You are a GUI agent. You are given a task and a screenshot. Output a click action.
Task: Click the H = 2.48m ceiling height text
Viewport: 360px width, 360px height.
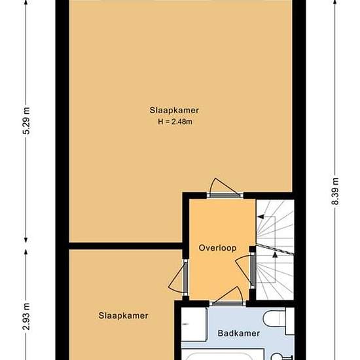pyautogui.click(x=175, y=122)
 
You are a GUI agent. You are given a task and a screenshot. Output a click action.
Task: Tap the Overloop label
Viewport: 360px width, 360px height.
pyautogui.click(x=217, y=248)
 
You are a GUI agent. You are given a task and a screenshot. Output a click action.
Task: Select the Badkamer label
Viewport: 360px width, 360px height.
pyautogui.click(x=239, y=333)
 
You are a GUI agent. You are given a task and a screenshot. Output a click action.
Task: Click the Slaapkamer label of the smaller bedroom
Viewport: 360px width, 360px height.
pyautogui.click(x=123, y=315)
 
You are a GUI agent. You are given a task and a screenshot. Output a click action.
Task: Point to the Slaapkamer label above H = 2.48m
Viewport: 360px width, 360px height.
pyautogui.click(x=174, y=110)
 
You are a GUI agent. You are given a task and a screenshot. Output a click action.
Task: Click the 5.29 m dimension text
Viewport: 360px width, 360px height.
pyautogui.click(x=26, y=120)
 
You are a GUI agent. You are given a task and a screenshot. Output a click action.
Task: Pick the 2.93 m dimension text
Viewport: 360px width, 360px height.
pyautogui.click(x=26, y=316)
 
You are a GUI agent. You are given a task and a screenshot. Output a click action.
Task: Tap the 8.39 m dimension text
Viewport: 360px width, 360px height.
pyautogui.click(x=336, y=191)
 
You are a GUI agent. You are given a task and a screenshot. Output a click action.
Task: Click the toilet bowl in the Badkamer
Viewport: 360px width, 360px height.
pyautogui.click(x=274, y=319)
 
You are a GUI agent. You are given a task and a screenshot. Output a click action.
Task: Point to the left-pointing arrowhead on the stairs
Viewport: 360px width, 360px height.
pyautogui.click(x=261, y=217)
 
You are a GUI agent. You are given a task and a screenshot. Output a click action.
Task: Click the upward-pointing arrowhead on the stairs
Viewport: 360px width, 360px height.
pyautogui.click(x=275, y=255)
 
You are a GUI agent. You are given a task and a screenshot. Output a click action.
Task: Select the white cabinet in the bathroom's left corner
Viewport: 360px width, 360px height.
pyautogui.click(x=194, y=324)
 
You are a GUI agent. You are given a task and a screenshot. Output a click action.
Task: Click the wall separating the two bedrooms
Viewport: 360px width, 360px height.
pyautogui.click(x=126, y=246)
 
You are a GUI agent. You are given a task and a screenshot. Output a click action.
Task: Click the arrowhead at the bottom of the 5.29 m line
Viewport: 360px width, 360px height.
pyautogui.click(x=26, y=240)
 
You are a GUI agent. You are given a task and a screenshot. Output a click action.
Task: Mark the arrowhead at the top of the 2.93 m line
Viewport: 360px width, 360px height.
pyautogui.click(x=26, y=252)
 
